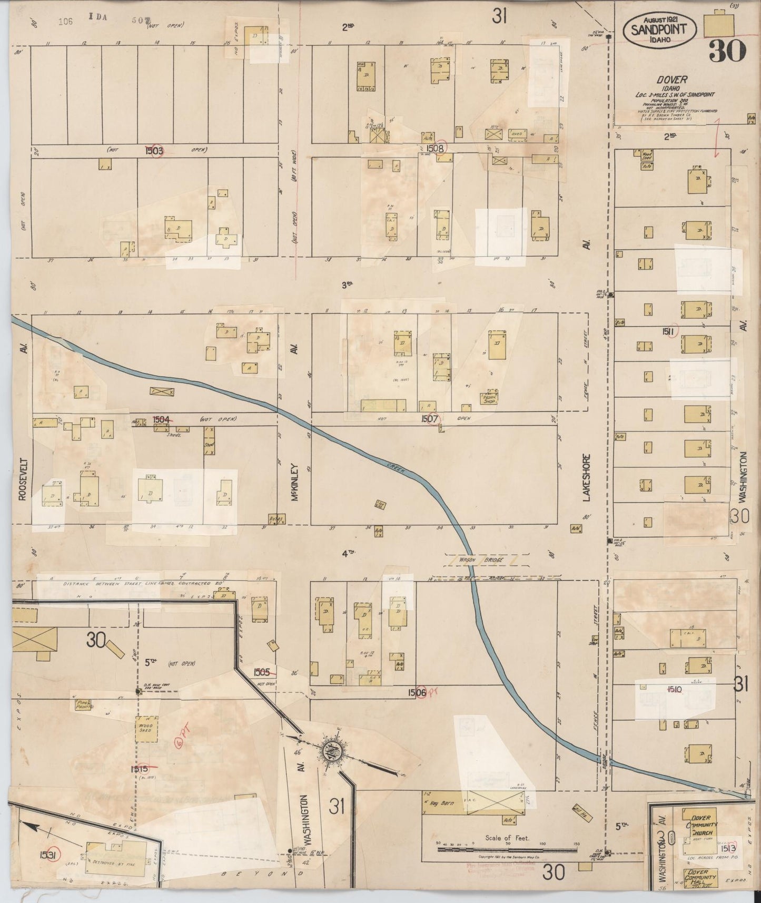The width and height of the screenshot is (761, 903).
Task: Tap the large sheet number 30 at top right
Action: (x=727, y=51)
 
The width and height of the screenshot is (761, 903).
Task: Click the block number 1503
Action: (x=154, y=151)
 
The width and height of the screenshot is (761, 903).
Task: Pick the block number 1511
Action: (x=670, y=331)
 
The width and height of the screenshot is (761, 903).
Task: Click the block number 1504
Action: (x=162, y=419)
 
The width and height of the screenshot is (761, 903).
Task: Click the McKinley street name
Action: (x=294, y=482)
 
